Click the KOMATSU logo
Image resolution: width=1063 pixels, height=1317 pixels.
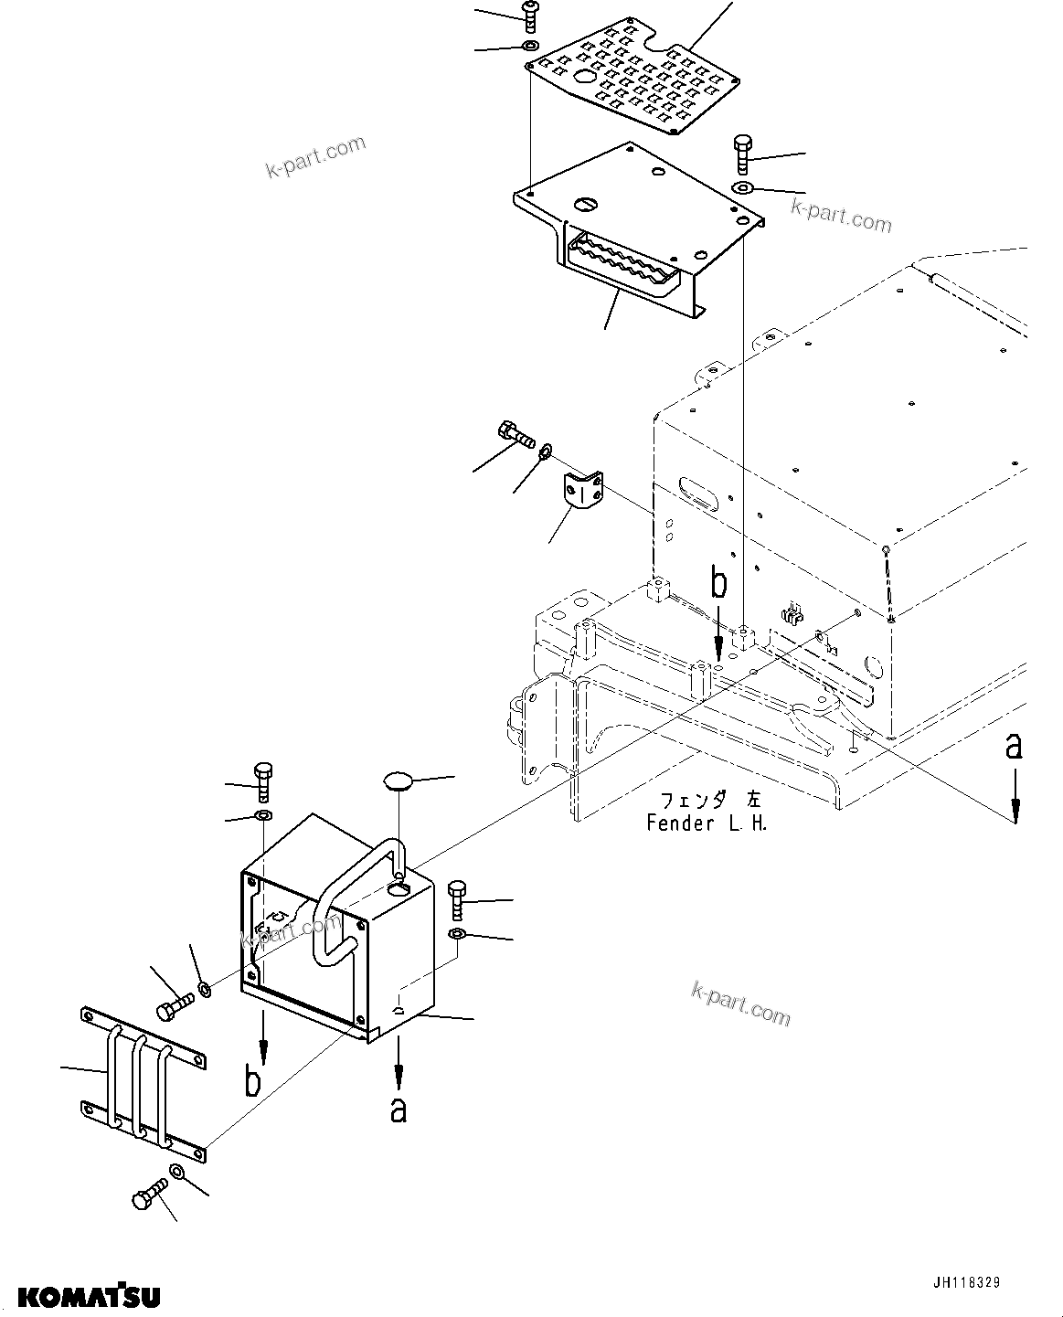[x=89, y=1295]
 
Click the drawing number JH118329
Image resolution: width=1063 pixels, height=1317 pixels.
[x=967, y=1283]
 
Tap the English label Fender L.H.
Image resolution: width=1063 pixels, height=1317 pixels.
[x=707, y=823]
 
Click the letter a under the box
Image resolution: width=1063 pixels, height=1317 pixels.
[x=398, y=1110]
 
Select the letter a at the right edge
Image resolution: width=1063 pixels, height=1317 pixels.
[x=1013, y=748]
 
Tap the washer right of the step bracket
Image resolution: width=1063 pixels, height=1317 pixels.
[x=742, y=188]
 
